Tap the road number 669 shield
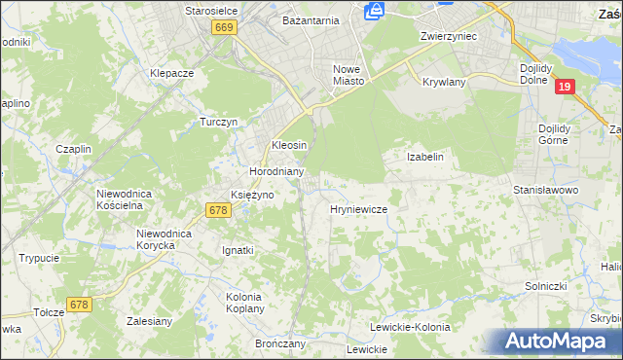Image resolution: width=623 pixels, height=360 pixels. point(225,28)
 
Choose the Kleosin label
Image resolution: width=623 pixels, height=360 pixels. point(289,145)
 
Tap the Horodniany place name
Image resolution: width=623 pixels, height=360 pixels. point(277,171)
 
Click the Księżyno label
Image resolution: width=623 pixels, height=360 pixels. point(252,195)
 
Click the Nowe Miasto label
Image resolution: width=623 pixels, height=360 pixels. point(348,75)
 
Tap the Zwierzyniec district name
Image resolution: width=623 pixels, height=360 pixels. point(447,35)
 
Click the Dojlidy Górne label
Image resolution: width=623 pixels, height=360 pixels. point(560,133)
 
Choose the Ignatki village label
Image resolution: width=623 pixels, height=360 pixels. point(238,250)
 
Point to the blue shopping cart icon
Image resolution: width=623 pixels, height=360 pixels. point(374,11)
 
